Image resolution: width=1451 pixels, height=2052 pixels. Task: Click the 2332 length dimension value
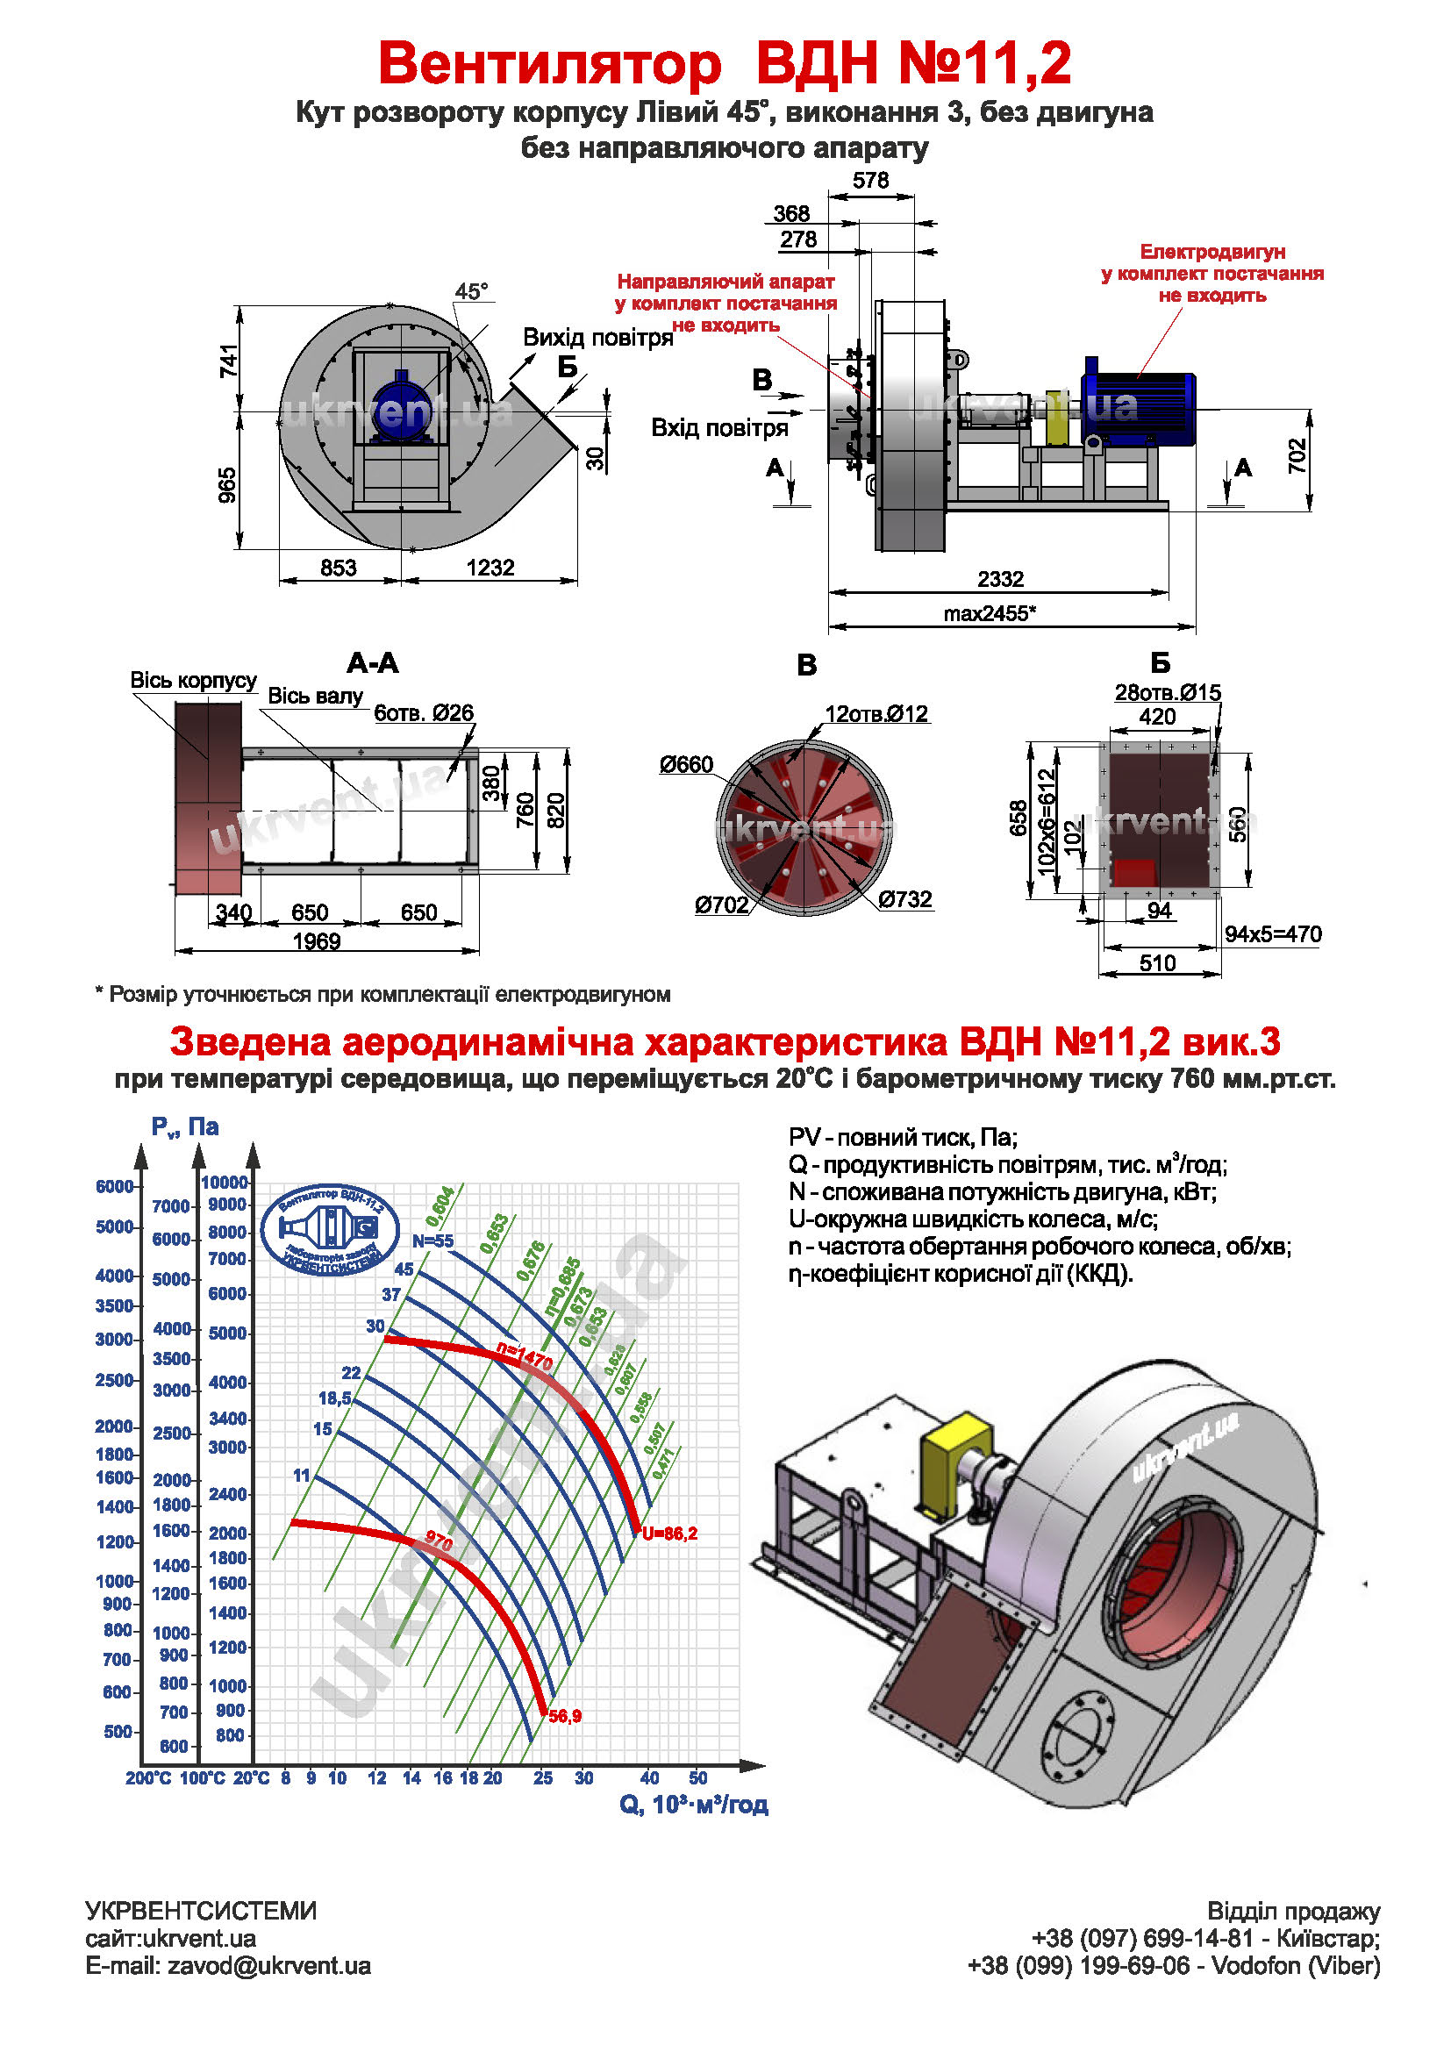(1000, 579)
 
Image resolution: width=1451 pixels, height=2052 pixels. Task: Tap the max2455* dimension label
(989, 614)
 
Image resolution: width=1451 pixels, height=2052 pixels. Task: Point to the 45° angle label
(471, 291)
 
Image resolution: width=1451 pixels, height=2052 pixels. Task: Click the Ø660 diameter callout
(686, 764)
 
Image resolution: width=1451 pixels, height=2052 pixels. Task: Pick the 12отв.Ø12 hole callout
(876, 714)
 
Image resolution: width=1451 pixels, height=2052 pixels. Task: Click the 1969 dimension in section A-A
(317, 941)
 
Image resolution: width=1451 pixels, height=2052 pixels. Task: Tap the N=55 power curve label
(432, 1240)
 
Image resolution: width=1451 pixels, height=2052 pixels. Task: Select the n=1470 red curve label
(525, 1356)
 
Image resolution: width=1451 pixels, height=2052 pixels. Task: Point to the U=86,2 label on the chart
(669, 1534)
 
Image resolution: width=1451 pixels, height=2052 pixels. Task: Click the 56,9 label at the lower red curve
(565, 1717)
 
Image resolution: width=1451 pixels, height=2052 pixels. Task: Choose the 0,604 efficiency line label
(440, 1205)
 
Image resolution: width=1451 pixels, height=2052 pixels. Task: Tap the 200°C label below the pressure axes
(148, 1778)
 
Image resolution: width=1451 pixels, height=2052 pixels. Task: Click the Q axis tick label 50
(697, 1778)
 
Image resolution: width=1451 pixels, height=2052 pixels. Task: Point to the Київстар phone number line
(1205, 1939)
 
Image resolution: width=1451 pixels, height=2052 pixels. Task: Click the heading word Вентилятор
(549, 64)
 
